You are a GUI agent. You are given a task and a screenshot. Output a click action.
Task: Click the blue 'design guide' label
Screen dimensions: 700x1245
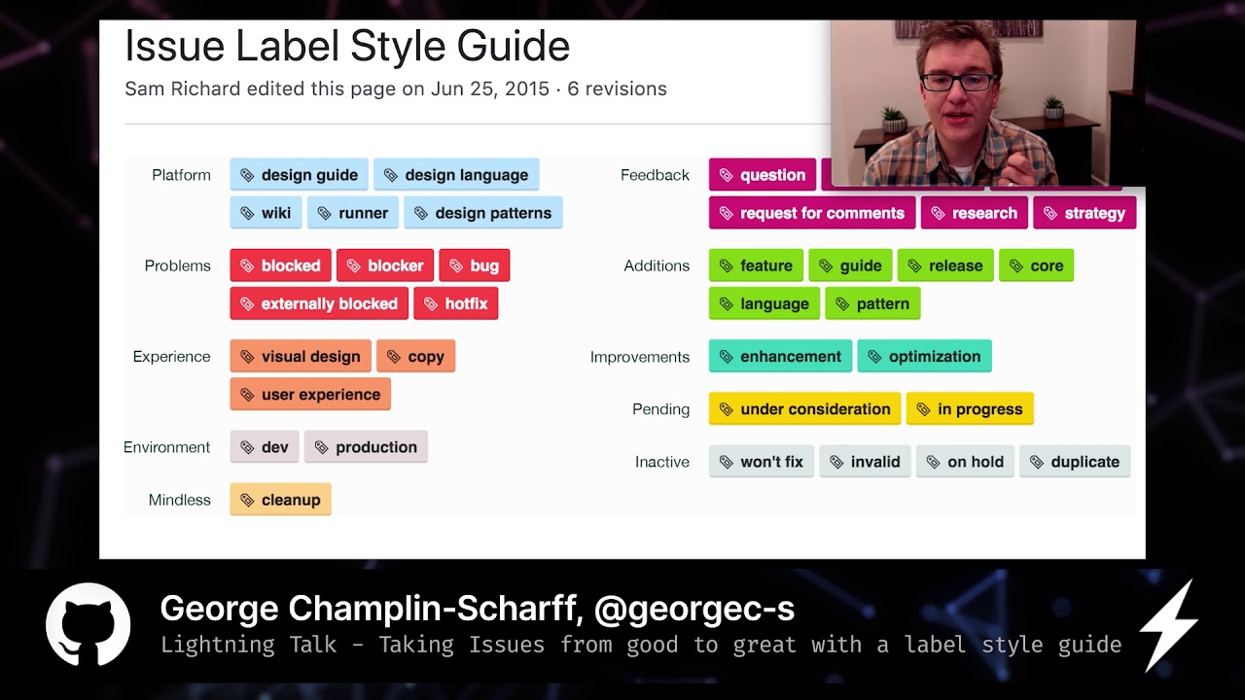(x=299, y=175)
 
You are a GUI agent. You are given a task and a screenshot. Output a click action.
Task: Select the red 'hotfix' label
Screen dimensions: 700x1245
(x=455, y=303)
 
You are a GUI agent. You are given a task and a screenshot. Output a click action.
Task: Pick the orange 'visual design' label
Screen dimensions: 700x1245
(x=300, y=357)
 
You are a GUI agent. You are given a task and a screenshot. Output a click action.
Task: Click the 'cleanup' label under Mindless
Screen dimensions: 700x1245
(x=280, y=500)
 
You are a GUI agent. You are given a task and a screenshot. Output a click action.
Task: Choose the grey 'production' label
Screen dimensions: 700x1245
(x=366, y=447)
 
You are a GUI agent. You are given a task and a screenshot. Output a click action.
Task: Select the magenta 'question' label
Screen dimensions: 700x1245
(x=762, y=175)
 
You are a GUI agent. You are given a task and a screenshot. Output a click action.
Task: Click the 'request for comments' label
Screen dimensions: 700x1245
(x=811, y=213)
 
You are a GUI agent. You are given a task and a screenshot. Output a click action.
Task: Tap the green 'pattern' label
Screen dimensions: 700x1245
(x=871, y=303)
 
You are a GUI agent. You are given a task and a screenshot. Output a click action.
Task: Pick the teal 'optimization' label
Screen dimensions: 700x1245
(x=924, y=357)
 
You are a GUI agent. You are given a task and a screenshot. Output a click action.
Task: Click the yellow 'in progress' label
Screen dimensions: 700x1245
(x=969, y=409)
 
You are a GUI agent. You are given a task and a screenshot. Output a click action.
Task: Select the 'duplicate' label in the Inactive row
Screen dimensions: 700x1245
(x=1074, y=462)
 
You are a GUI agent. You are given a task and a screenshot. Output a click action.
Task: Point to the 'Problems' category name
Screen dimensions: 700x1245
(x=177, y=265)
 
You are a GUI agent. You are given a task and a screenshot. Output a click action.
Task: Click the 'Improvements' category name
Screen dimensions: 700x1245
(x=639, y=357)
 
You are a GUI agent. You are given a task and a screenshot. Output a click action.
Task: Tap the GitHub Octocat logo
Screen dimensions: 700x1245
(x=89, y=625)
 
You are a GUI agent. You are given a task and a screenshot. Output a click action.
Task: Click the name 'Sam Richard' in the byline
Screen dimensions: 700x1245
(x=182, y=88)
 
